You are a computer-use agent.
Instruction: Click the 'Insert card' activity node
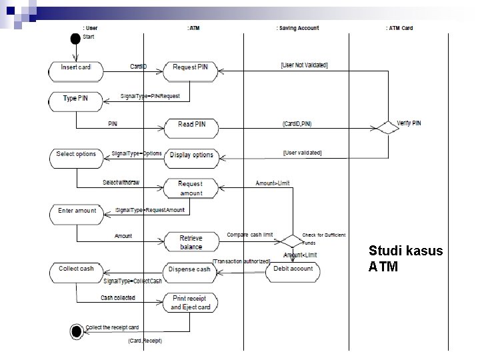point(76,67)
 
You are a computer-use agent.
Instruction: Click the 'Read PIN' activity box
point(192,125)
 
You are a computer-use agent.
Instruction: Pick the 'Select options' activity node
point(76,154)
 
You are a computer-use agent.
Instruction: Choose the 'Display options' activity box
point(192,155)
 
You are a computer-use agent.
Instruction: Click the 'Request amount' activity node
point(191,188)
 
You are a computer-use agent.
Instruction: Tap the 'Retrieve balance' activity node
point(191,243)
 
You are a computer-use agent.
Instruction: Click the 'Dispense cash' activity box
point(190,269)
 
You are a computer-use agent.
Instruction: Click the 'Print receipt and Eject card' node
point(190,302)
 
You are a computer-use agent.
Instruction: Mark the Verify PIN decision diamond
point(385,126)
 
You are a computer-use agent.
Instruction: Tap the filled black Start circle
point(75,36)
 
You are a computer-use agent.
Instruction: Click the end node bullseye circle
point(77,329)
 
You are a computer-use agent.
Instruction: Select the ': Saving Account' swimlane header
point(297,28)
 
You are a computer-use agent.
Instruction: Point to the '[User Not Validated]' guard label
point(304,65)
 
